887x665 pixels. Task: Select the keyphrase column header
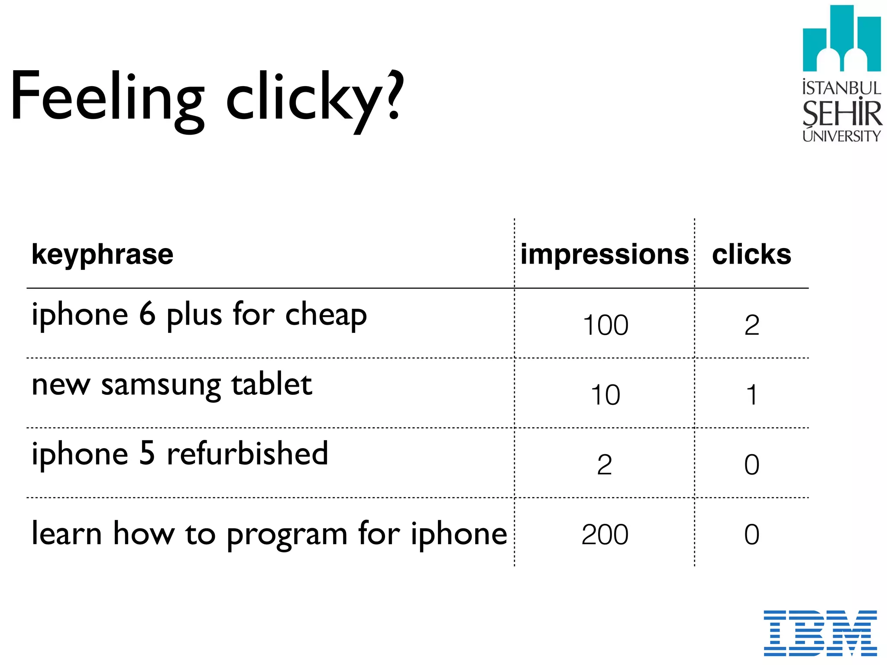[x=103, y=255]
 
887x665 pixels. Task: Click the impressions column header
[x=605, y=254]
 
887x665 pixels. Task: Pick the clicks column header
[x=751, y=254]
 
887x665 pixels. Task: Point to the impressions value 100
[x=605, y=325]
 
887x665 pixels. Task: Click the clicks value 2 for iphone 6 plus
[x=752, y=325]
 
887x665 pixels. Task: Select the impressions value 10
[x=605, y=395]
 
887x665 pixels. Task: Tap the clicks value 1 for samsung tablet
[x=752, y=395]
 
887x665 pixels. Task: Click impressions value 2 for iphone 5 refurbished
[x=605, y=465]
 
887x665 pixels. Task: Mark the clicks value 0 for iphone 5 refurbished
[x=752, y=465]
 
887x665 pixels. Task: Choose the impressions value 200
[x=605, y=535]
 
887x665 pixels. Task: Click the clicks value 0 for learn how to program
[x=752, y=535]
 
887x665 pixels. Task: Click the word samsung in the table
[x=161, y=385]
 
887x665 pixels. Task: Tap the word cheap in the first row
[x=326, y=316]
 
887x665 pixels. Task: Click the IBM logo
[x=820, y=633]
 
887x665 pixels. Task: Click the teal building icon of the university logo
[x=842, y=39]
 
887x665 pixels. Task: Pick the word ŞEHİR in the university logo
[x=842, y=113]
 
